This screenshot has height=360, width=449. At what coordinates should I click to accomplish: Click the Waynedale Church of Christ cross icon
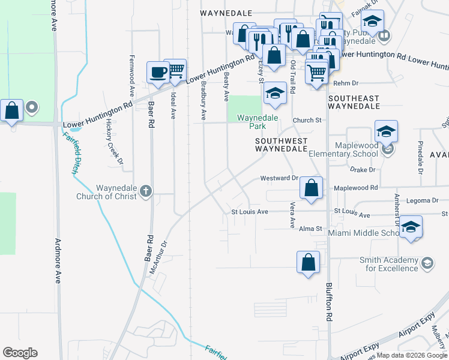pos(145,191)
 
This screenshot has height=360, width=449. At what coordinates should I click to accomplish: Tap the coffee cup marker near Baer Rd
pos(158,72)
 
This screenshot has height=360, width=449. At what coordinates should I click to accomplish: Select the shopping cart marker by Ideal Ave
pos(175,70)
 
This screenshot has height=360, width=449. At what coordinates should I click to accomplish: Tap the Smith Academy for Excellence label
pos(388,264)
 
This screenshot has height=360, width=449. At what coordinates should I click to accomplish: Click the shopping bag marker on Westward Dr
pos(311,188)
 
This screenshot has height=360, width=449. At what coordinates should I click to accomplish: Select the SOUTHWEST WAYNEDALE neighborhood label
pos(281,145)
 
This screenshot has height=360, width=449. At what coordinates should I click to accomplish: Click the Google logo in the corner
pos(20,353)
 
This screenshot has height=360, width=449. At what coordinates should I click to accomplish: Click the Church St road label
pos(307,121)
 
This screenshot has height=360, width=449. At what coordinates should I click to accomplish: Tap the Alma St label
pos(311,229)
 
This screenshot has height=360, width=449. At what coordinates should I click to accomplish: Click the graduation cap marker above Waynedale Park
pos(275,93)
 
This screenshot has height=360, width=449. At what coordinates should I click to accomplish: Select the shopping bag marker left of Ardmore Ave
pos(11,111)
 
